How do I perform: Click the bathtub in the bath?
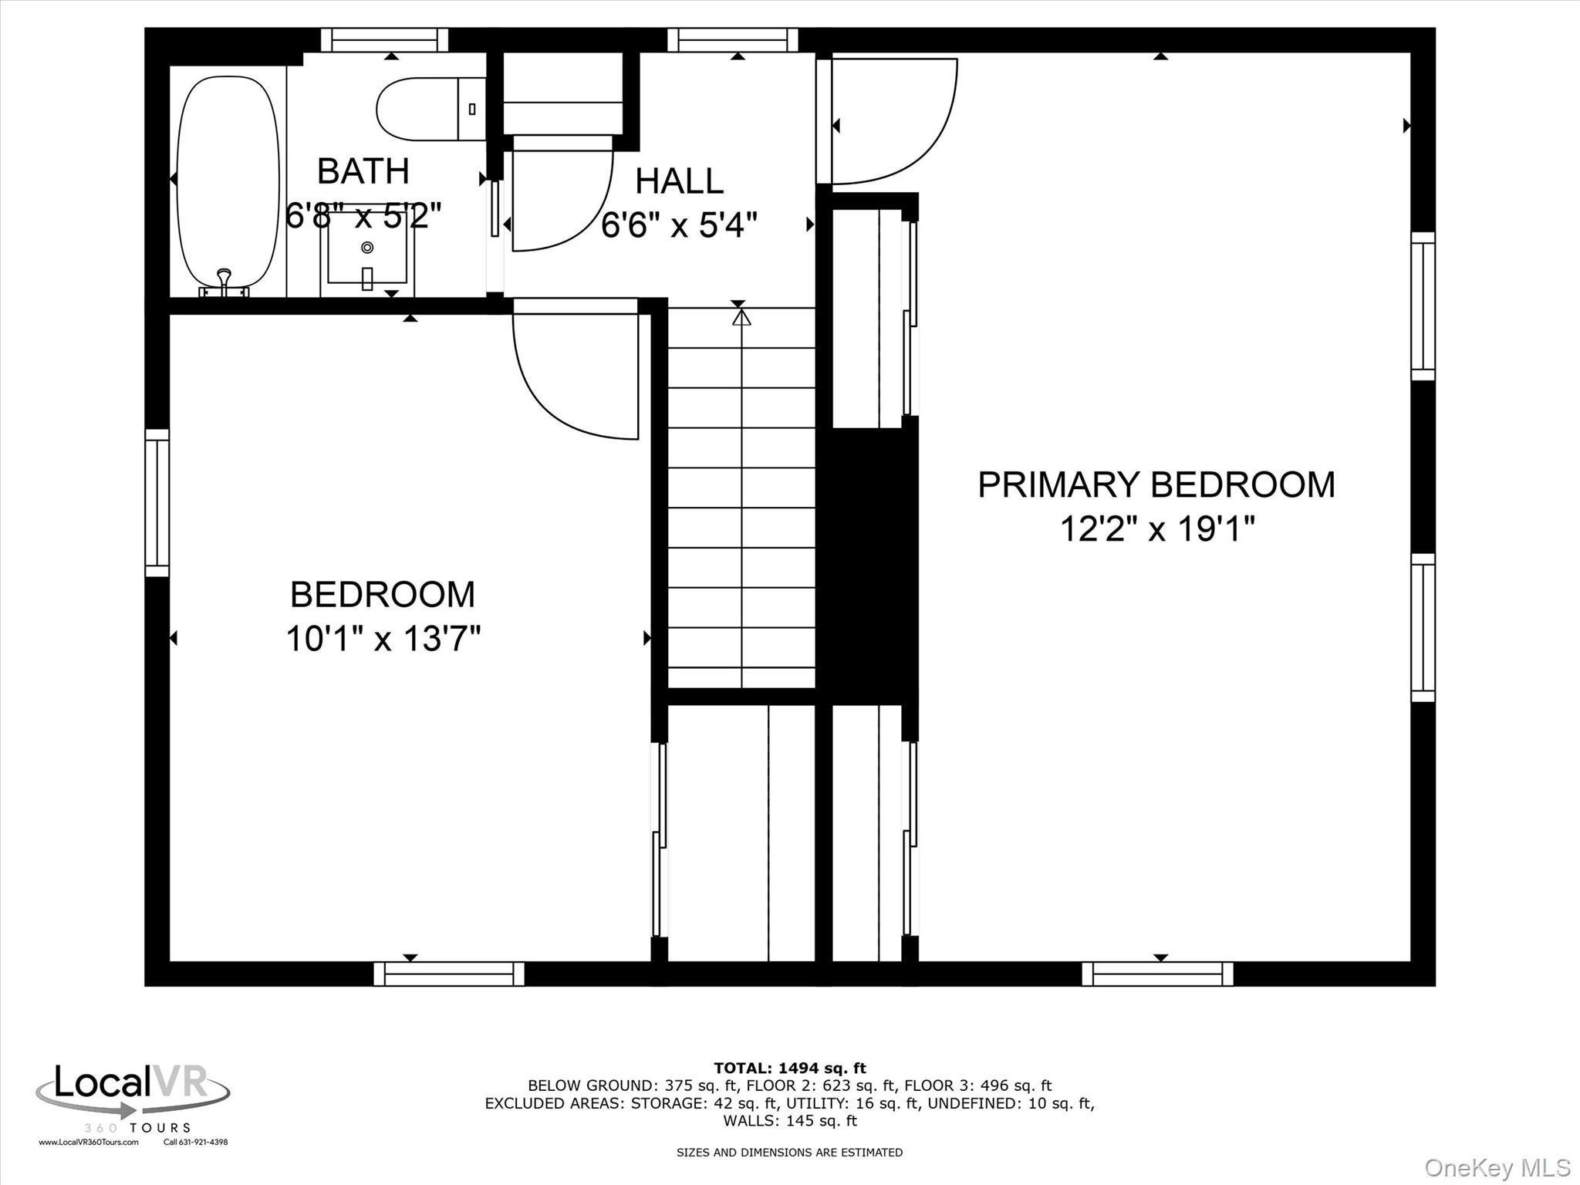click(x=228, y=181)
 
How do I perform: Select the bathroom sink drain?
click(x=368, y=247)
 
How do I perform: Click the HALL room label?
click(x=679, y=181)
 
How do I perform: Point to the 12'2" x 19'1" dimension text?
click(x=1156, y=529)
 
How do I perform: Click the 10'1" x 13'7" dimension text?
click(x=383, y=639)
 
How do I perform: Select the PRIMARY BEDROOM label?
click(x=1156, y=484)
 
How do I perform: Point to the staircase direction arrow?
click(x=741, y=318)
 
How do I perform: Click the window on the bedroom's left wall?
click(x=157, y=503)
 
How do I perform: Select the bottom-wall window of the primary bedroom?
click(x=1157, y=974)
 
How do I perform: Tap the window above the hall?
click(x=732, y=39)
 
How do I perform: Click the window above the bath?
click(x=384, y=39)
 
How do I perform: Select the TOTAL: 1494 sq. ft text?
click(x=789, y=1068)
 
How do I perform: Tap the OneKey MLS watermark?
click(x=1497, y=1167)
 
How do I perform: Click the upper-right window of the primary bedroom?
click(x=1423, y=306)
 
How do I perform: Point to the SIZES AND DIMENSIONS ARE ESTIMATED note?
click(x=789, y=1152)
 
